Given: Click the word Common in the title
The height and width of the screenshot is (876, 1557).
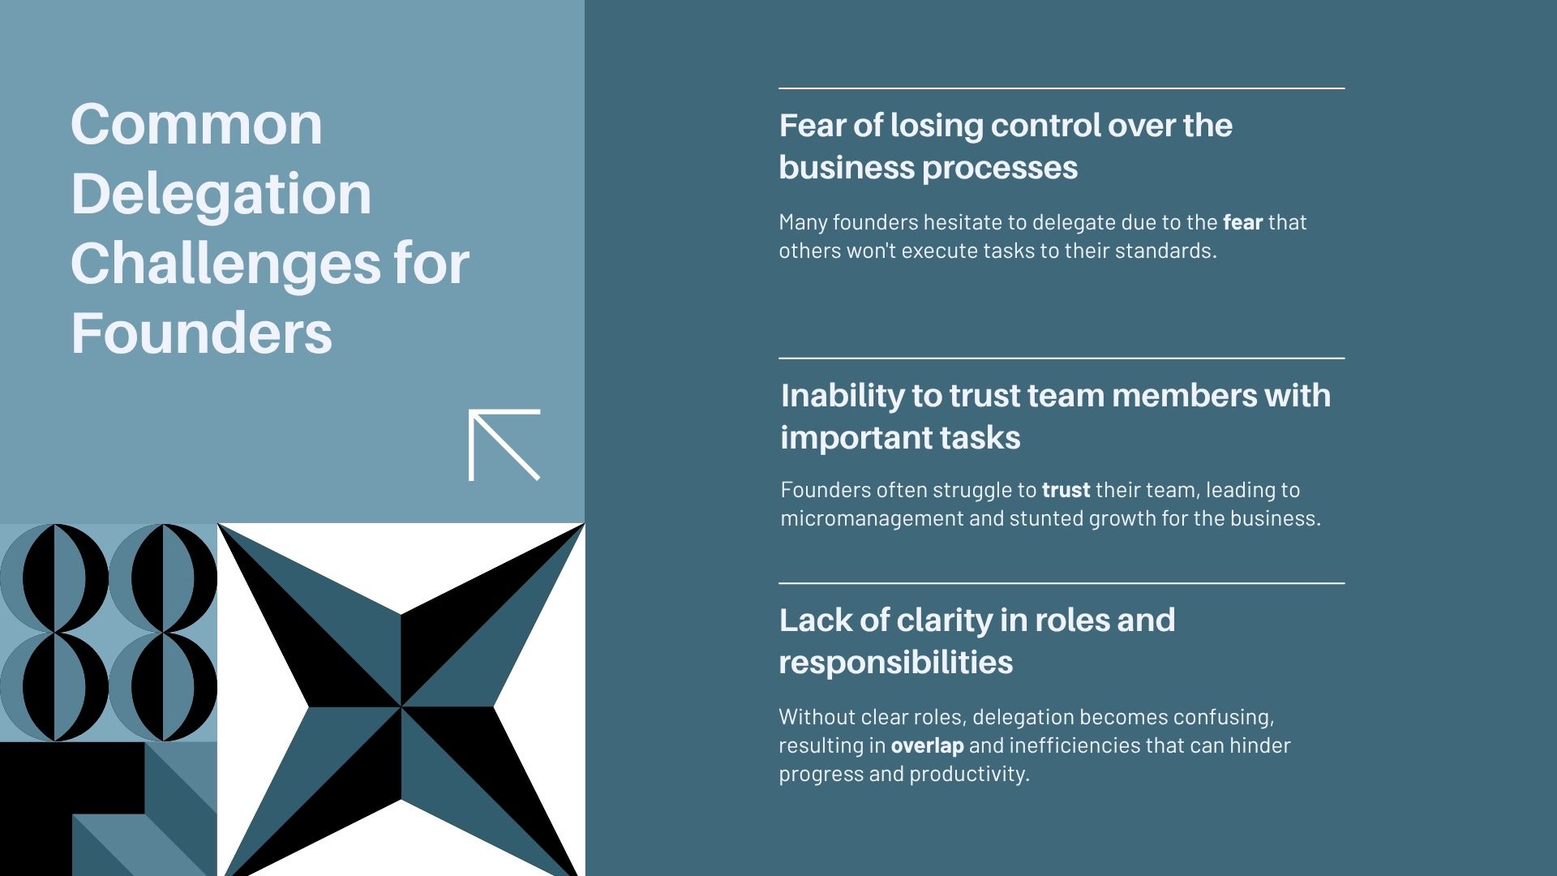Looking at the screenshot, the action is pos(197,124).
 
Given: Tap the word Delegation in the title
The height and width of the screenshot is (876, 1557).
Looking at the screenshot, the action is pos(221,195).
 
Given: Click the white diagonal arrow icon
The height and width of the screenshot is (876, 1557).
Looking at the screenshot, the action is pos(504,445).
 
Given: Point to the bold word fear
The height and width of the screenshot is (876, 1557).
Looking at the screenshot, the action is pos(1242,222).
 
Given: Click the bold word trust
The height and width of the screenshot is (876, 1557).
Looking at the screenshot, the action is pos(1066,491).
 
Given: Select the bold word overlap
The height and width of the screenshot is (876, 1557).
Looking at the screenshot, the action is pos(927,746).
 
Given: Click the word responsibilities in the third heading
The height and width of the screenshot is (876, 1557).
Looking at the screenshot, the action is pos(896,663).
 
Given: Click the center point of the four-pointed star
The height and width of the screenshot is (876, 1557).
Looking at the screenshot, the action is pos(401,706).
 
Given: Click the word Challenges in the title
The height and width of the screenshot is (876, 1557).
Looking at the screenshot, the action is pos(225,265).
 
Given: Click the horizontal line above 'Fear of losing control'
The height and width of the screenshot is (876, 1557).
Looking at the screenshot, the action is pos(1062,88).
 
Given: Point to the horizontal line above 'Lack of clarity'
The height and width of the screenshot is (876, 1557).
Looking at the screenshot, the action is pos(1062,582).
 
